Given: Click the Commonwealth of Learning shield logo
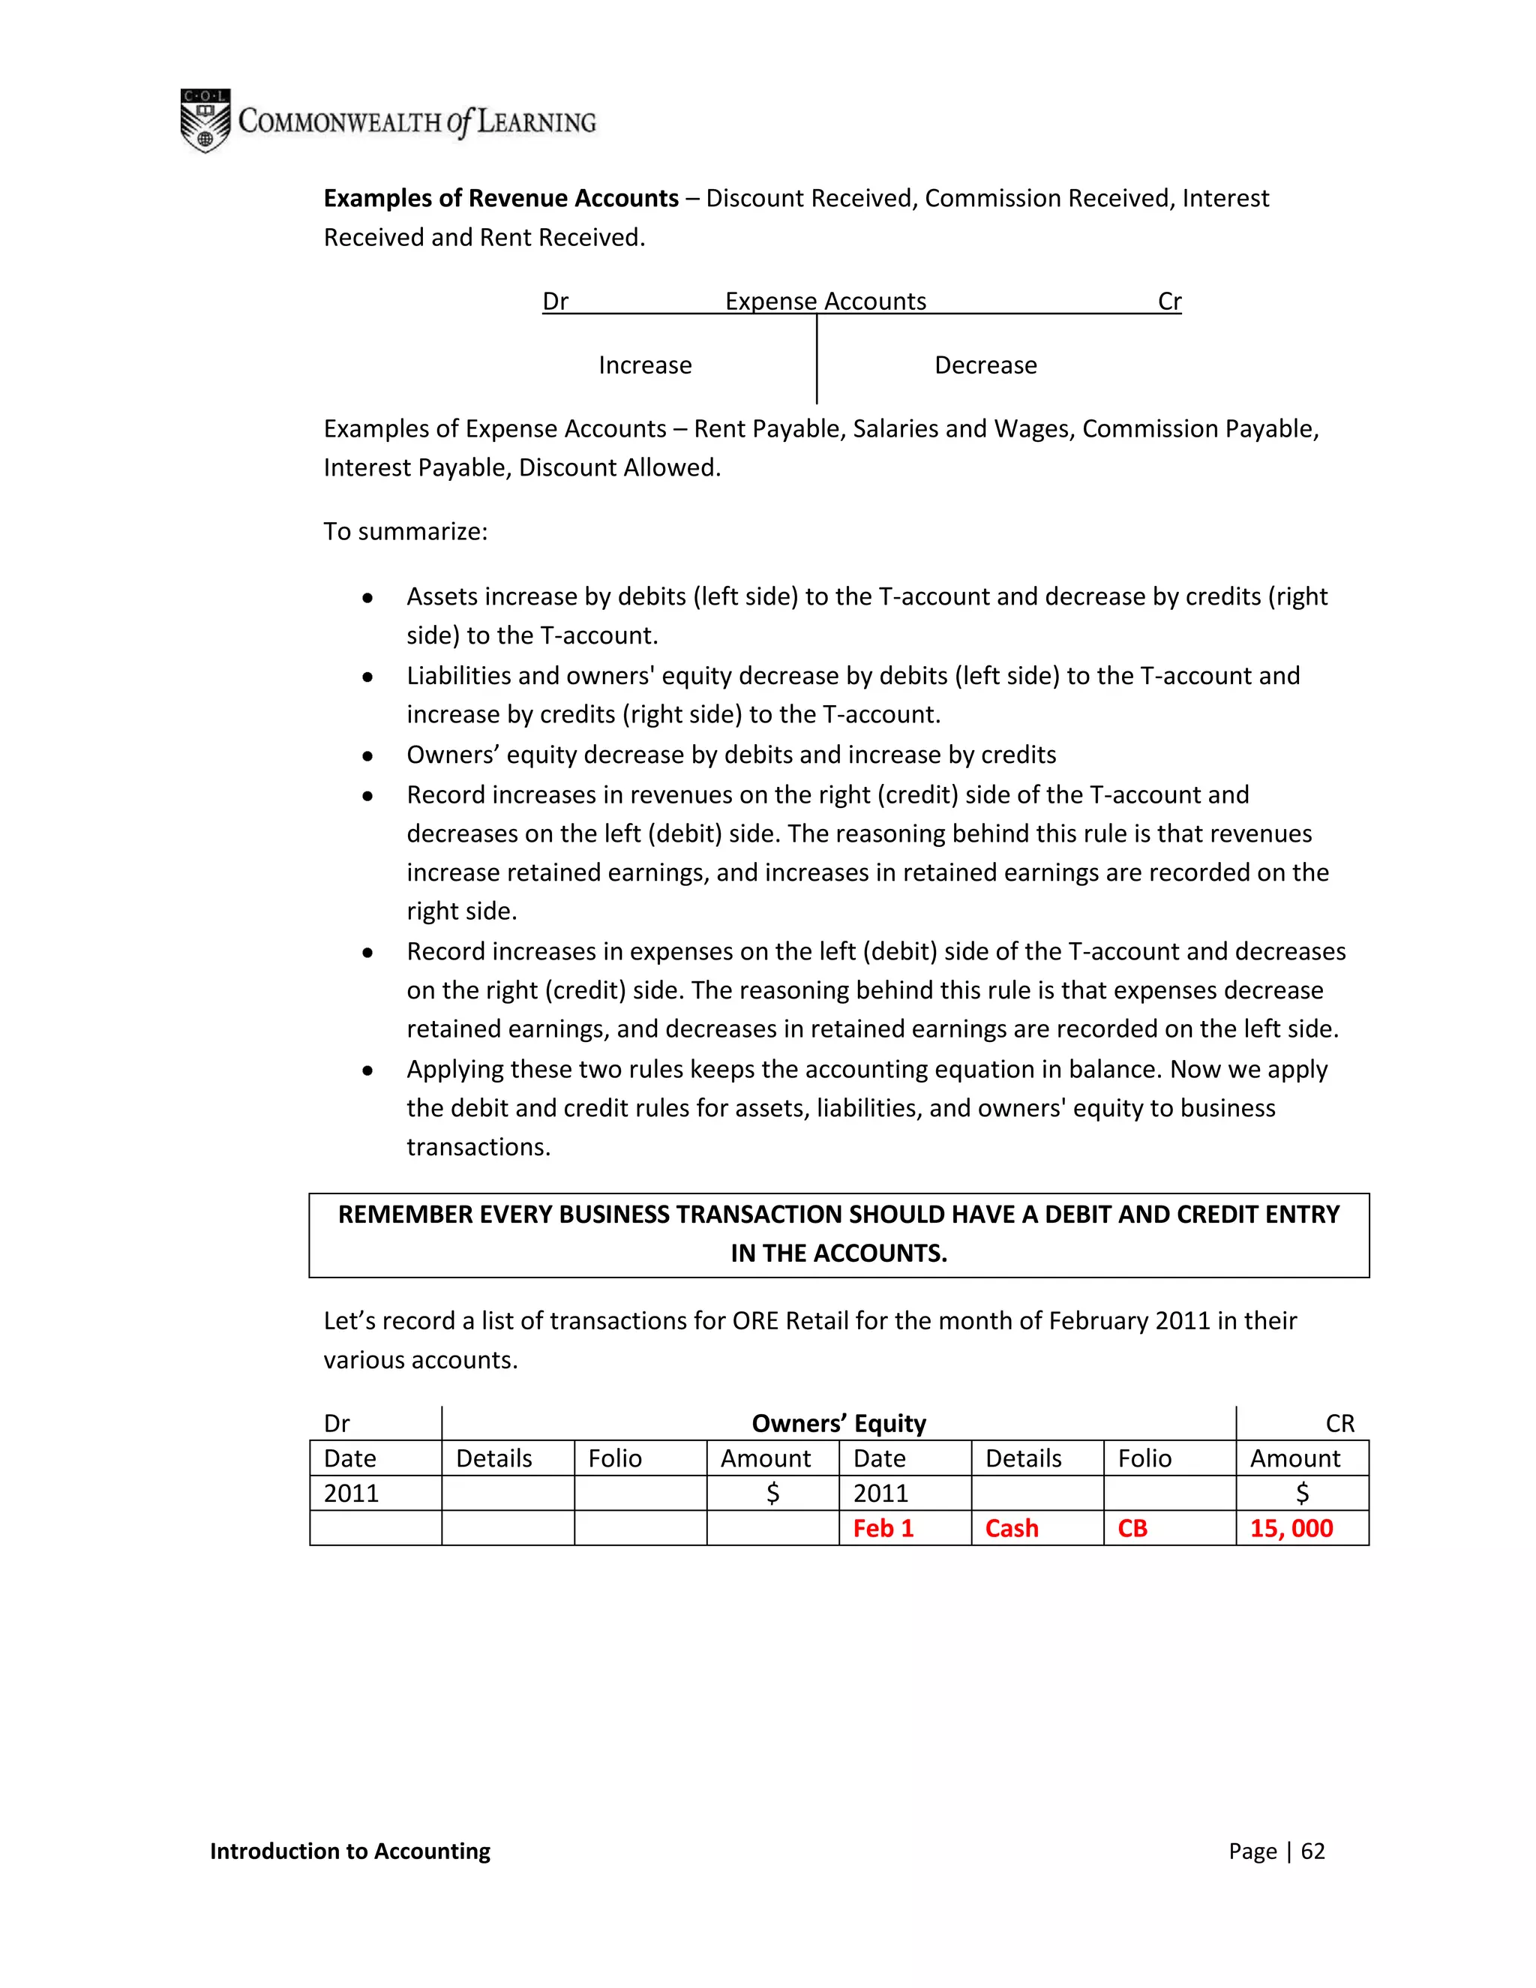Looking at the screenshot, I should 205,120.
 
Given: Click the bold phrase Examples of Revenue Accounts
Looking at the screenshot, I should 500,199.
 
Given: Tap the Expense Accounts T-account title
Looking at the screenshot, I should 825,302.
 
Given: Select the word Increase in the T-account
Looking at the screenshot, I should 644,365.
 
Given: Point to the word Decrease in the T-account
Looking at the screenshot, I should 985,365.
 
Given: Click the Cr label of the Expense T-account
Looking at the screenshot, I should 1169,302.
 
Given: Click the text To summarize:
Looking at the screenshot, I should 406,532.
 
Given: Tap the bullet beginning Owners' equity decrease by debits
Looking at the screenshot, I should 730,755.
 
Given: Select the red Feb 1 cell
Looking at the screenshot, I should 883,1528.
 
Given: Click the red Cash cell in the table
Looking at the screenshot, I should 1011,1528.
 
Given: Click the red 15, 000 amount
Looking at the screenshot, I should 1291,1528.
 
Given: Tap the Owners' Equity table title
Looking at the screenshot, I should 838,1424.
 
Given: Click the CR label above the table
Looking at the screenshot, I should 1339,1424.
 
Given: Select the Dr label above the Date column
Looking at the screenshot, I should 337,1424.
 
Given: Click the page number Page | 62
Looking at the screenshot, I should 1276,1851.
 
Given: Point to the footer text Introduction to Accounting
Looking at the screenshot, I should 349,1851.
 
